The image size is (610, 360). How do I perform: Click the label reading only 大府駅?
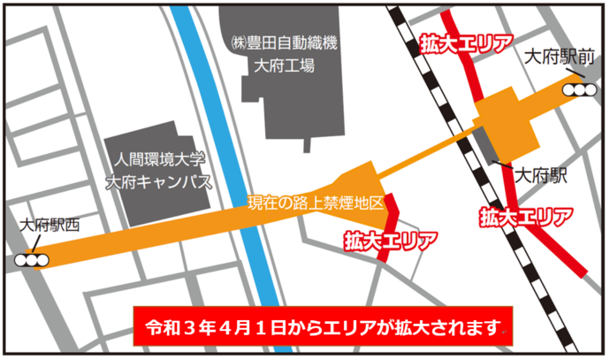click(x=542, y=174)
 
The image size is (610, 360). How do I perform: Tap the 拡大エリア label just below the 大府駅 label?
click(x=526, y=215)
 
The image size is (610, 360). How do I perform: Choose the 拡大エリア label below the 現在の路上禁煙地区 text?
click(x=391, y=239)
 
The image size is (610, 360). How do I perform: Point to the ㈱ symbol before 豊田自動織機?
click(x=236, y=42)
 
